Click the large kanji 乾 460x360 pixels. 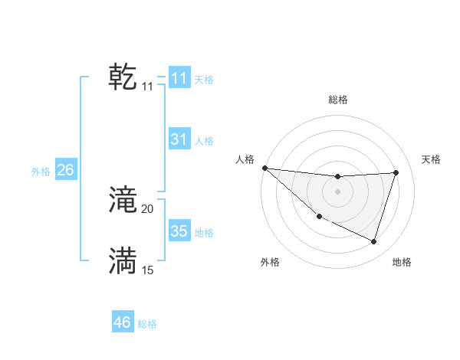[123, 78]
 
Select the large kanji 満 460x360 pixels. [123, 261]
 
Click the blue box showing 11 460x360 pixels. [179, 78]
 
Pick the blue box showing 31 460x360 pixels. [179, 139]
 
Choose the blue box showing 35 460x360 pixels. [179, 231]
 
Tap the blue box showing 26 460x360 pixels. [65, 170]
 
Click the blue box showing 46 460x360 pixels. [123, 322]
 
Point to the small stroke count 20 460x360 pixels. [148, 209]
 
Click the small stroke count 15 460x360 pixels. [148, 270]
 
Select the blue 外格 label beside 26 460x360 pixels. [41, 172]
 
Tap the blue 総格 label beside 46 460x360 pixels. [147, 324]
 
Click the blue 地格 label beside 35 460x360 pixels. [204, 233]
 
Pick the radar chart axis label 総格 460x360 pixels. [337, 100]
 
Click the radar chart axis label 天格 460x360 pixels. [431, 159]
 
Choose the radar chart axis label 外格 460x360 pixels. [270, 262]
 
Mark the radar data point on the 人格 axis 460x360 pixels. [264, 168]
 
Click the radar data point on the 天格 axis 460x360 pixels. [396, 172]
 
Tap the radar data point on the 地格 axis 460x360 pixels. [373, 241]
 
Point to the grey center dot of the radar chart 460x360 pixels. [337, 191]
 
